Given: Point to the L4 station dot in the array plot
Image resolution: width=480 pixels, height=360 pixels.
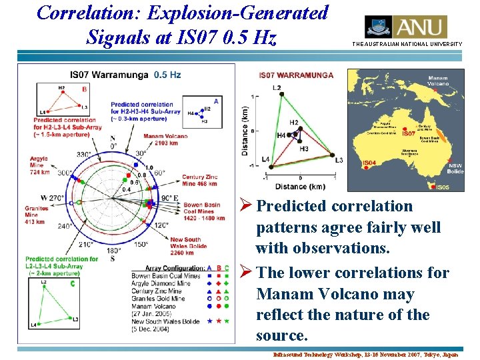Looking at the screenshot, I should click(x=273, y=163).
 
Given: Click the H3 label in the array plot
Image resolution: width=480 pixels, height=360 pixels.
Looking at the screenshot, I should click(x=304, y=149).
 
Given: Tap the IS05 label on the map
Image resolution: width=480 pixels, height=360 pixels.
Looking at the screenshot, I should click(x=442, y=187).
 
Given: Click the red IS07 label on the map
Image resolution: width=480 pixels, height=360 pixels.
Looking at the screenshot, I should click(x=409, y=133).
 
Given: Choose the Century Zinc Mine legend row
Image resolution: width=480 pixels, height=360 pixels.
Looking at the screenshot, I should click(x=157, y=291).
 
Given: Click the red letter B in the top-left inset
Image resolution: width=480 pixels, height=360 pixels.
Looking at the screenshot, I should click(x=84, y=89).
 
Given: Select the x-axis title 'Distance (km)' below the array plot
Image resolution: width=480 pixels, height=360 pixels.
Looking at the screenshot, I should click(x=301, y=186).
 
